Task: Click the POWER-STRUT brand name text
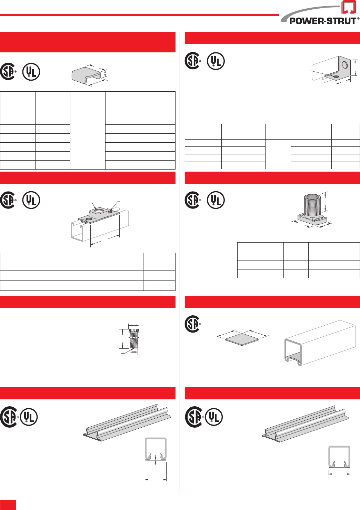322,21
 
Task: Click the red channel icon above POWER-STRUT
348,7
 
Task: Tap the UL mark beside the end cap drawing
31,72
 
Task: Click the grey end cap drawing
86,75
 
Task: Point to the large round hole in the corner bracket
344,65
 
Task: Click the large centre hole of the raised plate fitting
99,211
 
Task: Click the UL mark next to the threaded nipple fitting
216,200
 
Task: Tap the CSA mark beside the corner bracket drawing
193,61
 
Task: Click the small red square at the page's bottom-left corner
8,504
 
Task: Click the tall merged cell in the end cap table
88,138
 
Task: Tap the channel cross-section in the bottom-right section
339,457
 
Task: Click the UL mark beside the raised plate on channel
31,200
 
